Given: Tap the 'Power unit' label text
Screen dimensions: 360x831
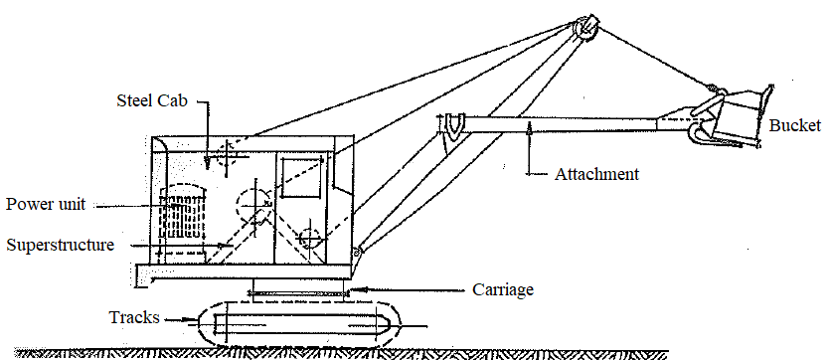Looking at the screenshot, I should (x=45, y=205).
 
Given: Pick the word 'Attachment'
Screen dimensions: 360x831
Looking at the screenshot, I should (x=595, y=174).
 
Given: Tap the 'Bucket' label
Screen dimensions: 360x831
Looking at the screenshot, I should (x=794, y=126).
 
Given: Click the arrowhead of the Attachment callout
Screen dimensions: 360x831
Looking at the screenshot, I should (x=532, y=124).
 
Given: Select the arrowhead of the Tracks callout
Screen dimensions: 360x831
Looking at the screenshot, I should (x=195, y=320).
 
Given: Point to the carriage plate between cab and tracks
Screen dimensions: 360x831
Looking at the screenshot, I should (x=299, y=290).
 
